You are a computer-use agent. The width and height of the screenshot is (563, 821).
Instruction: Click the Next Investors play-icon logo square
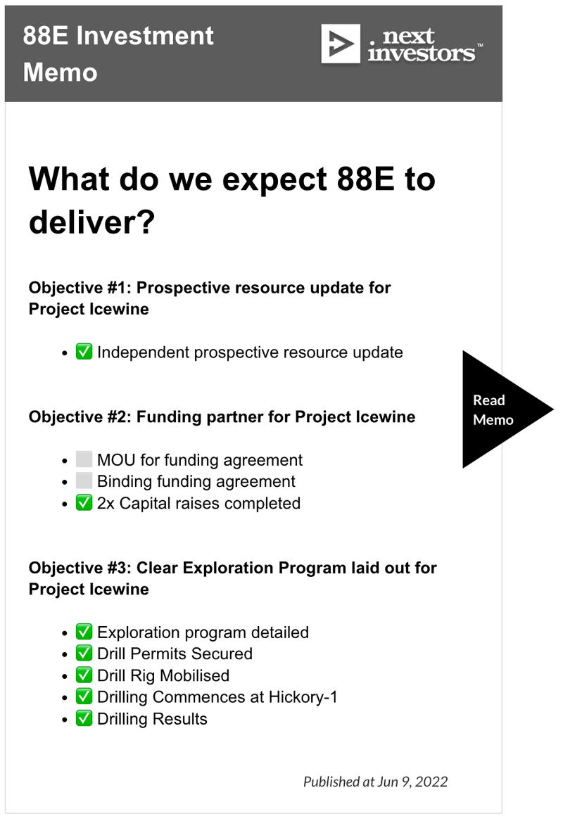[x=341, y=44]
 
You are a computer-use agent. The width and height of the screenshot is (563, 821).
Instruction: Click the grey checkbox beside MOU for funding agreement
[x=84, y=459]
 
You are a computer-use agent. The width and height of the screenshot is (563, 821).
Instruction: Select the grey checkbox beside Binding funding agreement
[x=84, y=480]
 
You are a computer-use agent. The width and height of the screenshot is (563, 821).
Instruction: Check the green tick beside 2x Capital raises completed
[x=84, y=502]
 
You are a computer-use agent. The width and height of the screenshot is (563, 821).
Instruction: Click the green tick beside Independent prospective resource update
[x=84, y=351]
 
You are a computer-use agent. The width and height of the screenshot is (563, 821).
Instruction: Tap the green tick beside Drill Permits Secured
[x=84, y=653]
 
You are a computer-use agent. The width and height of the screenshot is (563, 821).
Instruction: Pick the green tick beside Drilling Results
[x=84, y=718]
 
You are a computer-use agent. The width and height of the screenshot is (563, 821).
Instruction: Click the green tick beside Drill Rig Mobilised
[x=84, y=675]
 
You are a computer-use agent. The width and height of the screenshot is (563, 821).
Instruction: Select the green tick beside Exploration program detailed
[x=84, y=632]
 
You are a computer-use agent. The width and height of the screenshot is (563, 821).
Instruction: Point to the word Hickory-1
[x=303, y=697]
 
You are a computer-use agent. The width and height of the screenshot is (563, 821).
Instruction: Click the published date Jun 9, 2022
[x=412, y=782]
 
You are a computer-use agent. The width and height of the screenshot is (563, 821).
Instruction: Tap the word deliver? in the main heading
[x=91, y=222]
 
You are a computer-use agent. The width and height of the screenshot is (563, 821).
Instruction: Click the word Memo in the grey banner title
[x=61, y=72]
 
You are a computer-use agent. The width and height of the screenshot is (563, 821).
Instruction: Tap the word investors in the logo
[x=421, y=53]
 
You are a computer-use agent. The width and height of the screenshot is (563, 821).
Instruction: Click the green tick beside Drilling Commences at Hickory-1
[x=84, y=696]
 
